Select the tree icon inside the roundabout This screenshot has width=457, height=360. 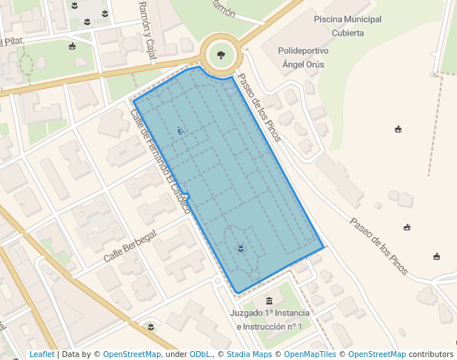(220, 54)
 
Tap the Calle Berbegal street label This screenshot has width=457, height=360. (130, 246)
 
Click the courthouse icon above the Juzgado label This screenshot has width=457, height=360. (269, 301)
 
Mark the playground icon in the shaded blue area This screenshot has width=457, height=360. (180, 131)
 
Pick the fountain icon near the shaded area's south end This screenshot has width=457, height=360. (240, 248)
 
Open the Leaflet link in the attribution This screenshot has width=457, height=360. (41, 355)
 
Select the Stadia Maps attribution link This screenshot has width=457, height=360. (248, 355)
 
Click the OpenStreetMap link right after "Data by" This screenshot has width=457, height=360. (132, 355)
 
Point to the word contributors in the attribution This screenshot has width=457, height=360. (430, 355)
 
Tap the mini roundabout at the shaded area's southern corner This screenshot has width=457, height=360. (218, 281)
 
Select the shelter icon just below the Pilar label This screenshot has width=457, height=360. (72, 46)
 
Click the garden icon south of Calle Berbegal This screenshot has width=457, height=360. (151, 326)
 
